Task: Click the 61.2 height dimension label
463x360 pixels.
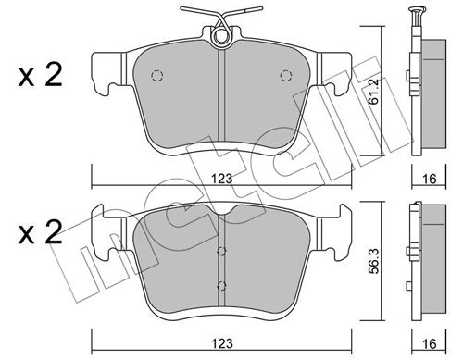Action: (374, 92)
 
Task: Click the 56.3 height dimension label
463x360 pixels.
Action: (374, 261)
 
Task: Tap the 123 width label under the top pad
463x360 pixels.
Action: (221, 179)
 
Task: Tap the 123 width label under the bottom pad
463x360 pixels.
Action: (221, 343)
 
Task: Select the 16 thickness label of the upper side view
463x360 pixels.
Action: (429, 179)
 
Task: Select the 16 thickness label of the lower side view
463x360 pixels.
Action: (429, 343)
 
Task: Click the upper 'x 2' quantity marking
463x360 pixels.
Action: (40, 75)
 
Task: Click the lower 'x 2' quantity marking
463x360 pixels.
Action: (40, 232)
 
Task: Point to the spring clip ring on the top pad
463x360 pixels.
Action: (220, 37)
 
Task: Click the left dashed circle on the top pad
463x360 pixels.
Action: (156, 76)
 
